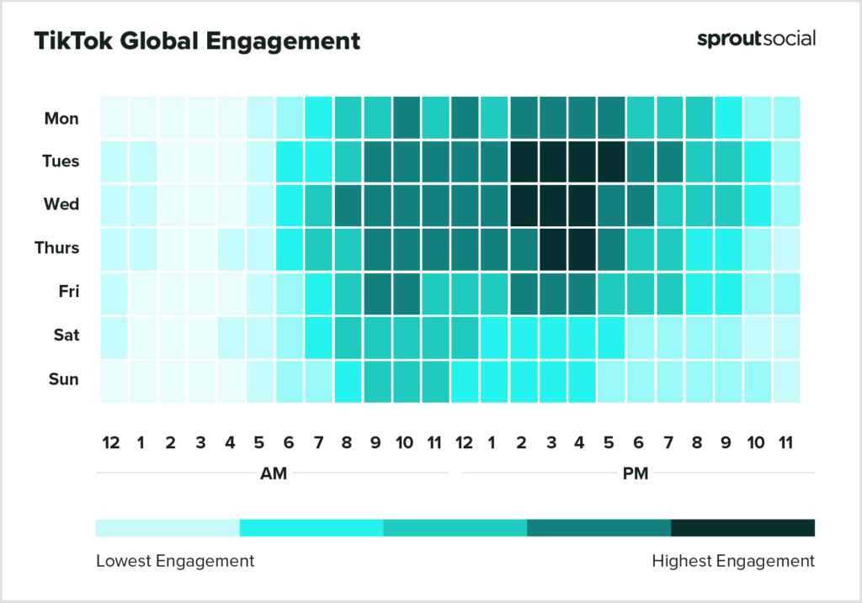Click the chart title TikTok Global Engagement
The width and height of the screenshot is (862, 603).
[197, 41]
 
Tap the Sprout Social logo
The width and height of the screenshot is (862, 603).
[756, 39]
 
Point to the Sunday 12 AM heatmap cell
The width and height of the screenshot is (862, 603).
[113, 380]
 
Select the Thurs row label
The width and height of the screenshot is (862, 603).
[58, 248]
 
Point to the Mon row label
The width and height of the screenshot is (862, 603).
[61, 119]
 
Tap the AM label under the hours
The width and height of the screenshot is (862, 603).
[274, 473]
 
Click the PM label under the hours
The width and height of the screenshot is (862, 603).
[636, 473]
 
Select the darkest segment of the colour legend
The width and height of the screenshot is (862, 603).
[742, 527]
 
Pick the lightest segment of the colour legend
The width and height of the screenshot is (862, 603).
[168, 527]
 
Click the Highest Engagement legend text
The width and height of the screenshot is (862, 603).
[733, 561]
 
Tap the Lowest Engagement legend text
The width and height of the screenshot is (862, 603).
[174, 561]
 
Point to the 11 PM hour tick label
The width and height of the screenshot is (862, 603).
[786, 442]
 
